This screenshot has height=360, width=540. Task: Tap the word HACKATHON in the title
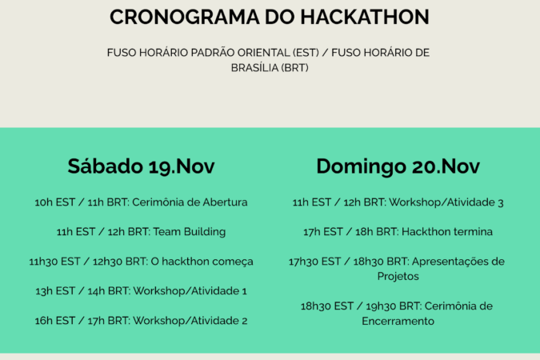coord(365,17)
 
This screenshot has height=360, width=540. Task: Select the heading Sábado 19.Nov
coord(141,166)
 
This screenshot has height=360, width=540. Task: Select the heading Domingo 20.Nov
coord(398,166)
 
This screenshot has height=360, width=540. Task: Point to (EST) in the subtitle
coord(306,53)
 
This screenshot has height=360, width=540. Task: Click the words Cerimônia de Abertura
coord(190,202)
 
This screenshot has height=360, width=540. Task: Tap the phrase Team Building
coord(190,232)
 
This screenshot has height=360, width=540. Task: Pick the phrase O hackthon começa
coord(202,262)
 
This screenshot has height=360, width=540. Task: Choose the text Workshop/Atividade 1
coord(190,291)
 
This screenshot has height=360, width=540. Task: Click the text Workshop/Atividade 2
coord(190,321)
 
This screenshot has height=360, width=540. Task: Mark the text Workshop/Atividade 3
coord(446,202)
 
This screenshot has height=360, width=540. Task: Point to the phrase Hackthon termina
coord(447,232)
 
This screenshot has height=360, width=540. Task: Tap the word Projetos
coord(398,276)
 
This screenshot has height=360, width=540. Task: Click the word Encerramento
coord(398,321)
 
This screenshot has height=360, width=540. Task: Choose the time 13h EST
coord(55,291)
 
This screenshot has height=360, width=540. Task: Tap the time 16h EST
coord(54,321)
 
